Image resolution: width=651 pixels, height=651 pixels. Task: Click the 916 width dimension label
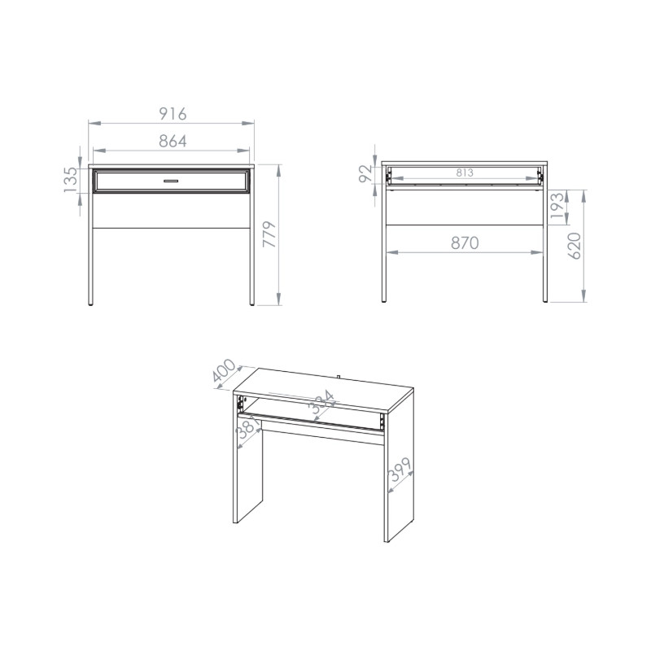pos(173,113)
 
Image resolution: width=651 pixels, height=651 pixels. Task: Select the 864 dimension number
pos(173,141)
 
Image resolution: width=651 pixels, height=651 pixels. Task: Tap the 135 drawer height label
pos(71,180)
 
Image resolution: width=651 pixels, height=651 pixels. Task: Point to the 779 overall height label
pos(269,234)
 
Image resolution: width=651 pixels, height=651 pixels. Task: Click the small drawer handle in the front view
pos(171,181)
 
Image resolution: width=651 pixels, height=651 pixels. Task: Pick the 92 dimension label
pos(365,173)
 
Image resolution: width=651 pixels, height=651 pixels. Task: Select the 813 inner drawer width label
pos(465,173)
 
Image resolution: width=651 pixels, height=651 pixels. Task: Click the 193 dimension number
pos(557,205)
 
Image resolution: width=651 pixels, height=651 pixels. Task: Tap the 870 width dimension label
pos(465,242)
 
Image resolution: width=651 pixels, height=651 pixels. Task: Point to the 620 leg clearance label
pos(575,247)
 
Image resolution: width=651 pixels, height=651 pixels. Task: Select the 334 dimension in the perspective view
pos(321,402)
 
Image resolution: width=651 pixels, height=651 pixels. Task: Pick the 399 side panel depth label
pos(400,470)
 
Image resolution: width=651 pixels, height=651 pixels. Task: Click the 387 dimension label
pos(248,426)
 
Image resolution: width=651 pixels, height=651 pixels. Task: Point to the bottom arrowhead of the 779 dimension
pos(278,299)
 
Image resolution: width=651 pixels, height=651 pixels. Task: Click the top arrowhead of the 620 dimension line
pos(583,196)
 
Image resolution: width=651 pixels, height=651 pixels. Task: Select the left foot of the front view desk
pos(90,304)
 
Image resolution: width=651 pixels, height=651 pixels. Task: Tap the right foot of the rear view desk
pos(545,300)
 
